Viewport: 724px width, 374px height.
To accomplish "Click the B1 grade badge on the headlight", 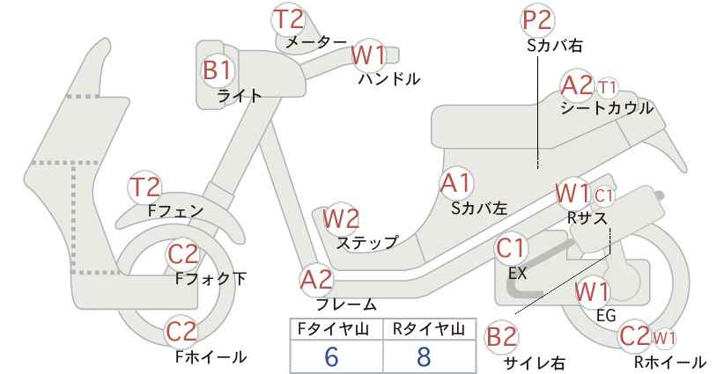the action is tap(218, 71).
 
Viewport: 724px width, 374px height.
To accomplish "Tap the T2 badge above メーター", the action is tap(289, 19).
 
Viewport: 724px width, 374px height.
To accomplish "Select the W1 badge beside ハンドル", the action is tap(368, 55).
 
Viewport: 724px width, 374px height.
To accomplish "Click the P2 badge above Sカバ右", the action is tap(537, 20).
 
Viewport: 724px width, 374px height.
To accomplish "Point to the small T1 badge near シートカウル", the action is tap(607, 87).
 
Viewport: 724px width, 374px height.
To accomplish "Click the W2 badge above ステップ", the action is tap(341, 218).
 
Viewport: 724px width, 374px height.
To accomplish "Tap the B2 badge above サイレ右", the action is tap(501, 337).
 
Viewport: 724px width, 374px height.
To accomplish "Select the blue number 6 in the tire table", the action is tap(331, 356).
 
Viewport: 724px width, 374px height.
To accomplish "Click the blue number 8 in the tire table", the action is tap(424, 356).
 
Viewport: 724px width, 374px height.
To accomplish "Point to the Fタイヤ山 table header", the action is tap(333, 329).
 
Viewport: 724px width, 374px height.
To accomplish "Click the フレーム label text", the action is tap(346, 304).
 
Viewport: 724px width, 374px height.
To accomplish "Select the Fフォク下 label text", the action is tap(211, 279).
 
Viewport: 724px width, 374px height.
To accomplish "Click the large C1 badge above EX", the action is tap(511, 249).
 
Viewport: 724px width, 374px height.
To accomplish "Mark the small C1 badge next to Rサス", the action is tap(603, 196).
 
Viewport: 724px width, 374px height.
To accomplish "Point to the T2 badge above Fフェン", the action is tap(144, 187).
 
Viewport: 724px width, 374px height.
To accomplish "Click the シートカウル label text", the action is tap(607, 108).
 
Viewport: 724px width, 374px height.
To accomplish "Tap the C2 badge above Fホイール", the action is tap(182, 332).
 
